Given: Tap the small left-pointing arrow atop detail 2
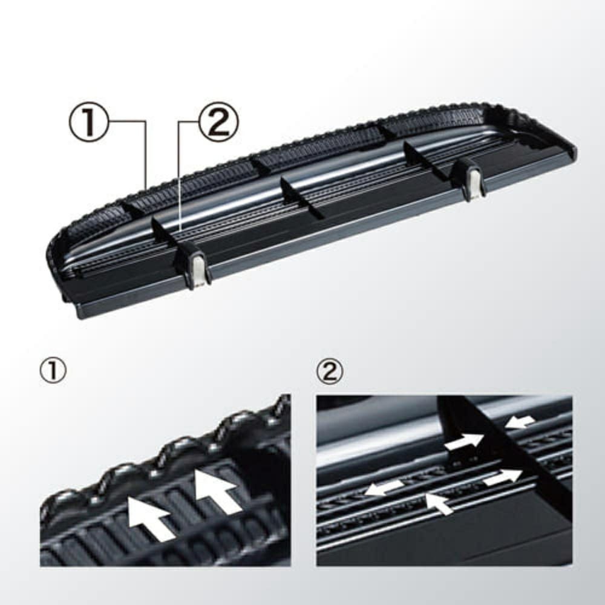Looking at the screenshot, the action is (x=520, y=421).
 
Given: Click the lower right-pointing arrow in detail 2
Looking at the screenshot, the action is (x=502, y=477).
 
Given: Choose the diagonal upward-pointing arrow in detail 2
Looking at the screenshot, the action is (x=439, y=503).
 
